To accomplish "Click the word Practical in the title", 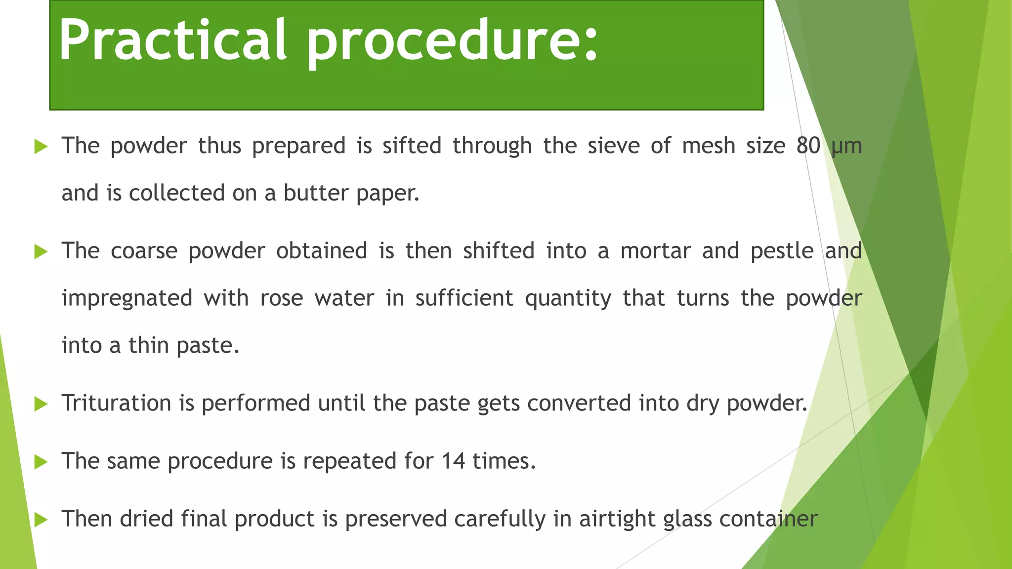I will pos(172,41).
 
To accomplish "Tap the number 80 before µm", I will pos(808,146).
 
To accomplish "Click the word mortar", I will pos(655,251).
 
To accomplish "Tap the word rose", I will pos(282,298).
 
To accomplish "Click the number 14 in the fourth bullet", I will pos(453,461).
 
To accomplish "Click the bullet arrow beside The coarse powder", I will pos(41,252).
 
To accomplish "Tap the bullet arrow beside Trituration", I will pos(41,405).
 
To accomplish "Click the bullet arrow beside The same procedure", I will pos(41,462).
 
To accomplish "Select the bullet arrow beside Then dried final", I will pos(41,520).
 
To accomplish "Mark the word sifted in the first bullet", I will pos(412,146).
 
